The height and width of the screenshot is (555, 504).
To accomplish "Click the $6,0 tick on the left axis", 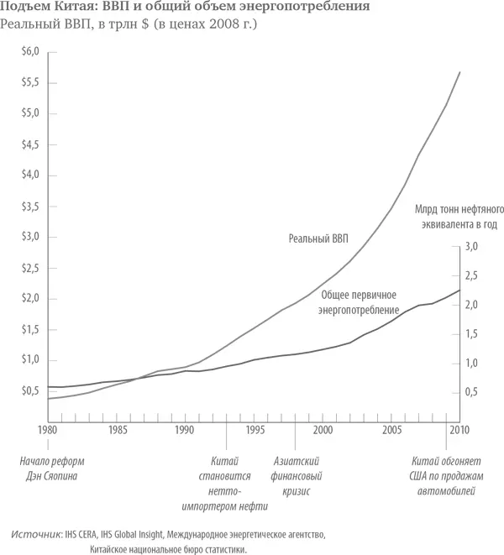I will coord(30,52).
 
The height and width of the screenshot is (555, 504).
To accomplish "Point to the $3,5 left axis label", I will coord(30,206).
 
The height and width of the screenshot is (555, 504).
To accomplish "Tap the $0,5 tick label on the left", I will coord(30,390).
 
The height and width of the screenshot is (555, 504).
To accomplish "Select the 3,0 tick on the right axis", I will coord(471,247).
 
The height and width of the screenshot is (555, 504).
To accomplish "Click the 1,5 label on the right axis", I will coord(471,334).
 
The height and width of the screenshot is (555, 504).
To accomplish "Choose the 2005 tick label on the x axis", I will coord(391,431).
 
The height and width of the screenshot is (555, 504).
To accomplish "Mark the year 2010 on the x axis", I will coord(459,431).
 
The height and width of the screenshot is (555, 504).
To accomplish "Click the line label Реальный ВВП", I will coord(317,239).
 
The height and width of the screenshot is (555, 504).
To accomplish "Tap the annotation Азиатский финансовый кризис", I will coord(298,475).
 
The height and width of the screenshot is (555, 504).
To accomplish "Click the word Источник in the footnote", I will coord(37,534).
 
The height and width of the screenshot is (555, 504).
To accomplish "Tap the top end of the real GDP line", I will coord(459,72).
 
